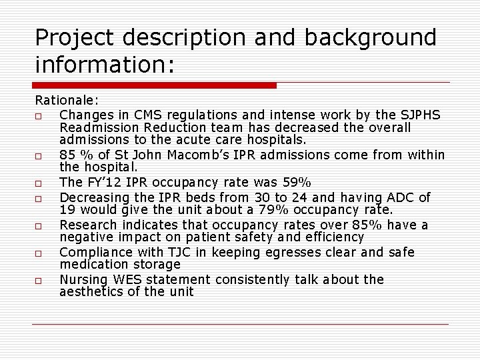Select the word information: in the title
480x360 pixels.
click(105, 64)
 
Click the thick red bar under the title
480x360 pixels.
click(155, 85)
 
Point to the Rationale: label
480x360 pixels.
click(67, 101)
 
